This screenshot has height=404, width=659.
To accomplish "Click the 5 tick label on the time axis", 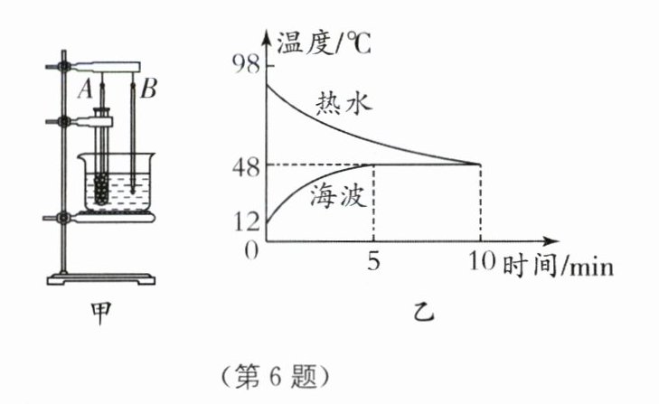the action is click(372, 263).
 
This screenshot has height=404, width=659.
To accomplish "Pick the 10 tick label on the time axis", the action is click(479, 263).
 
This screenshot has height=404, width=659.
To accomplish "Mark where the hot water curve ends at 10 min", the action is click(479, 164).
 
